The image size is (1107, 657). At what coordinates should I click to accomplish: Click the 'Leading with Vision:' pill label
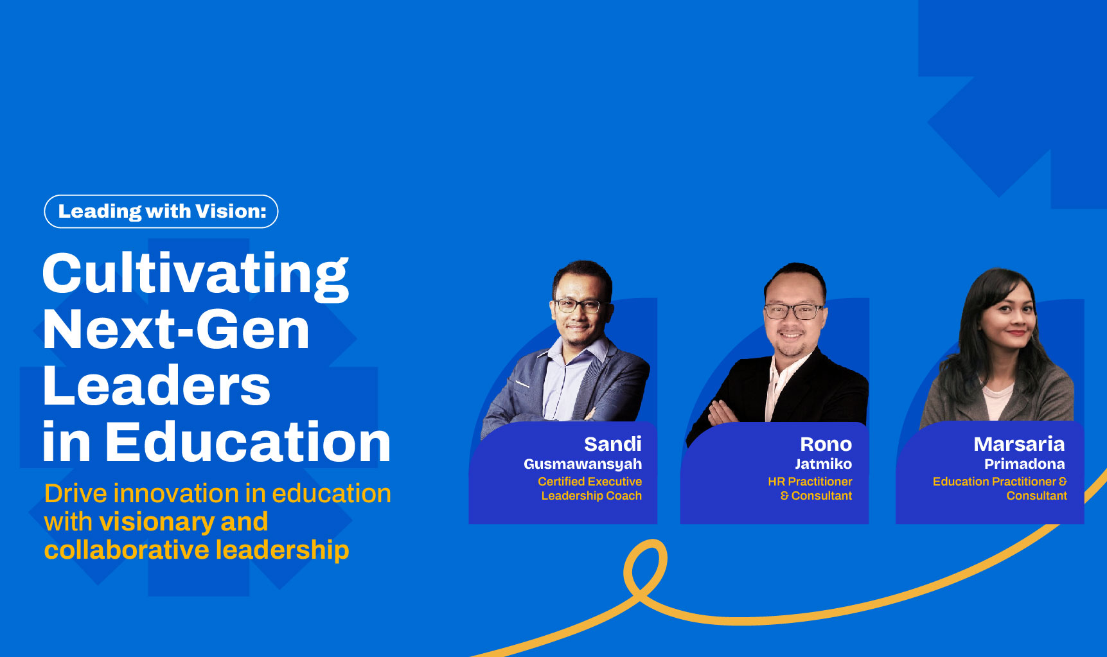coord(161,211)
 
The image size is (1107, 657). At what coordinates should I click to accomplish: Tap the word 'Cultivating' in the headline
coord(195,275)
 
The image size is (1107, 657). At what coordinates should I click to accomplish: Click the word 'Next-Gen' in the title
coord(176,329)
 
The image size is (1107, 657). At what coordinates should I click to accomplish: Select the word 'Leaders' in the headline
coord(156,385)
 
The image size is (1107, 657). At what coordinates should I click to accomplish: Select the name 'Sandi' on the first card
coord(613,444)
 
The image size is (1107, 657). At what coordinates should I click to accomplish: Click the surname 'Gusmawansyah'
coord(583,464)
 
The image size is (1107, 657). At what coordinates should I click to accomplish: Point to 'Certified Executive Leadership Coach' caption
coord(590,488)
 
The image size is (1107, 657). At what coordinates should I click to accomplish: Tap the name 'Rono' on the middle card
coord(826,444)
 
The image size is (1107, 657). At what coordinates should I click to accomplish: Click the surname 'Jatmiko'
coord(823,464)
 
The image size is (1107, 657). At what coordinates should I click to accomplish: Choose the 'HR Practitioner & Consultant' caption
coord(810,488)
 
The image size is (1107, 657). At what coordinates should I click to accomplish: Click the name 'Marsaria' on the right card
coord(1019,444)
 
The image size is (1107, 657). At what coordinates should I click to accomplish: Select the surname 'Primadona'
coord(1025,464)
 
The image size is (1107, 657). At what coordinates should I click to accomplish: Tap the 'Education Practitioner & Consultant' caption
coord(1000,488)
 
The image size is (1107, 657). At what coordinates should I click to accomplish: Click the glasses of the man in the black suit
coord(793,311)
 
